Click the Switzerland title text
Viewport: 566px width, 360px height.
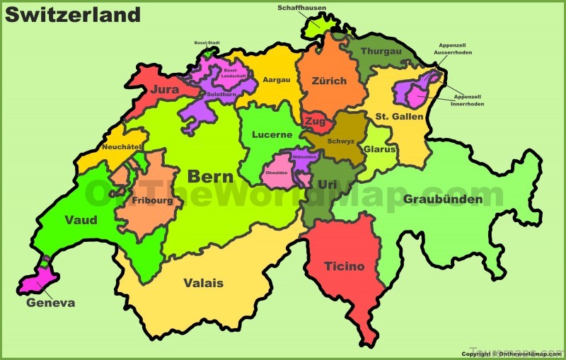pos(73,14)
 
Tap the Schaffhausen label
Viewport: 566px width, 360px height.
pos(302,8)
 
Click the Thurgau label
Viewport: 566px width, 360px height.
pos(381,52)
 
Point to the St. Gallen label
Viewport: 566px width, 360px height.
pos(399,116)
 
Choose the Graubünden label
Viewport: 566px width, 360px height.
pos(443,199)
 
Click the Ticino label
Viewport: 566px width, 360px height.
pos(345,267)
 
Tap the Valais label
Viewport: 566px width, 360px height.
pos(203,283)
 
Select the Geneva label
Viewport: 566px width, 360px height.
pos(50,303)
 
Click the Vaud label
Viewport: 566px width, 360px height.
pos(81,220)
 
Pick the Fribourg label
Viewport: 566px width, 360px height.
pos(152,200)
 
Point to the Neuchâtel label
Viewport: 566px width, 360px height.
pos(122,146)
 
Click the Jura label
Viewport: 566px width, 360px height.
pos(164,90)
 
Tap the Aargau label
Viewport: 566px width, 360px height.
pos(276,80)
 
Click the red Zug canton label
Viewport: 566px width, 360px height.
pos(315,122)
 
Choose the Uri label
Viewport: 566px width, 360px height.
pos(327,184)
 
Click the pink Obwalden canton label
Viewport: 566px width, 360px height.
pos(276,173)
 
